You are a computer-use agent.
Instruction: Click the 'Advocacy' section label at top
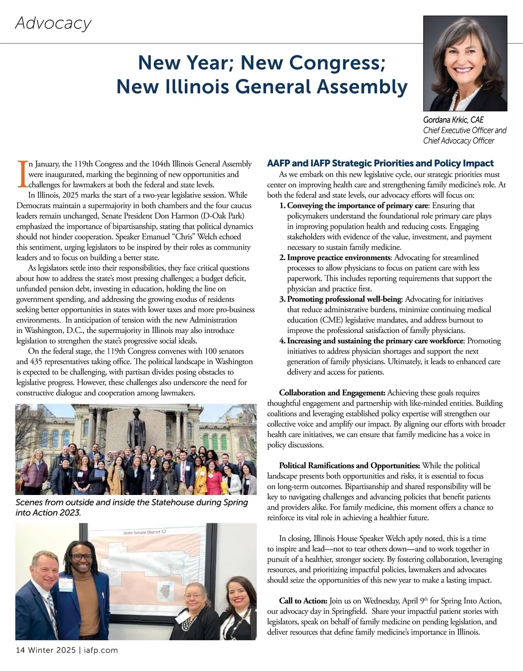click(x=53, y=23)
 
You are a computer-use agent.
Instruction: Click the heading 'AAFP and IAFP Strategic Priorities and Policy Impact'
click(x=380, y=163)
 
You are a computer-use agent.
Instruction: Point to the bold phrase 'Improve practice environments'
click(x=338, y=258)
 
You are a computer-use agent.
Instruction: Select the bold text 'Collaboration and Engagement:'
click(x=332, y=393)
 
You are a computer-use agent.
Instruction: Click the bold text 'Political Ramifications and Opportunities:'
click(x=350, y=466)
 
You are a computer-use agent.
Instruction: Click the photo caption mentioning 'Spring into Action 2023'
click(x=132, y=507)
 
